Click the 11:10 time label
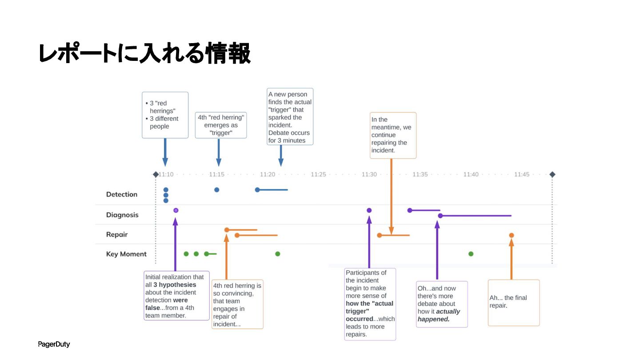coord(166,175)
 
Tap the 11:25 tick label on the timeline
coord(318,175)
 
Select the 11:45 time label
coord(522,175)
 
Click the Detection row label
coord(122,194)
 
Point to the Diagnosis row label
coord(122,215)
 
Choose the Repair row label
coord(117,235)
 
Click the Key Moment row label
coord(126,254)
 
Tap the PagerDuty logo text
coord(54,344)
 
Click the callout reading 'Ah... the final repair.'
coord(513,302)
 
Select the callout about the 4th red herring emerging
coord(221,125)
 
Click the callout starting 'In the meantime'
coord(393,135)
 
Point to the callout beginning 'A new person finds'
coord(290,116)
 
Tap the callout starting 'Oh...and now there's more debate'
coord(441,304)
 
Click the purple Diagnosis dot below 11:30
coord(369,210)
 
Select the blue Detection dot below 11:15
coord(217,190)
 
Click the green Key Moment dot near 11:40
coord(471,254)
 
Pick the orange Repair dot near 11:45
coord(512,235)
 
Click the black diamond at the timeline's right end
coord(552,175)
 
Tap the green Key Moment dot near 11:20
coord(278,254)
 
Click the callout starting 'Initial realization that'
coord(176,296)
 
